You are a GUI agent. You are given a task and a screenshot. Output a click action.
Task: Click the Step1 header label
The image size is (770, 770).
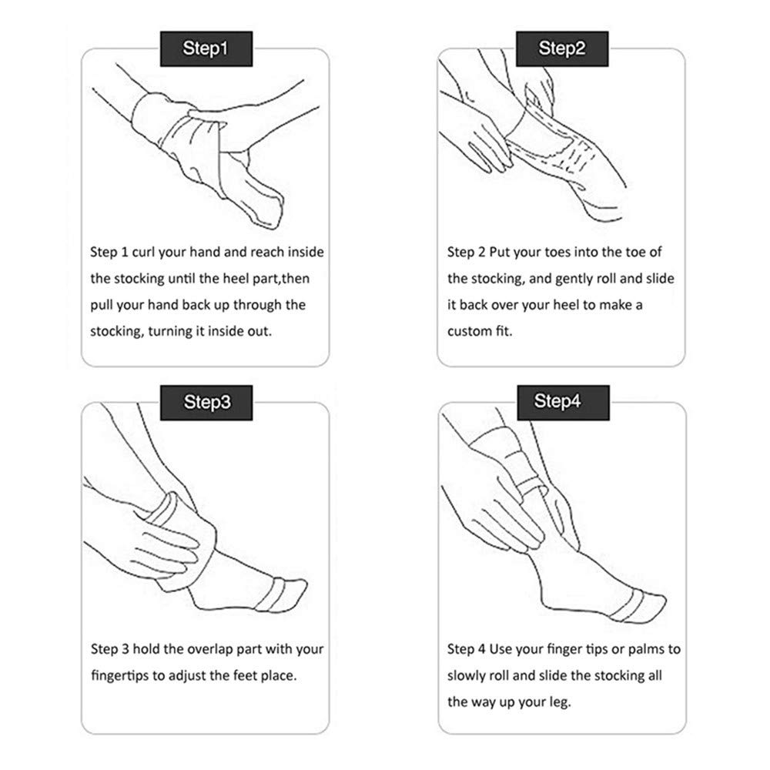point(205,49)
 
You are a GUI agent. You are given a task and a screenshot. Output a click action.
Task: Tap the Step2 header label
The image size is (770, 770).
point(561,49)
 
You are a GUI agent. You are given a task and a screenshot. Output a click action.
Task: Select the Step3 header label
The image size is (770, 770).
point(205,401)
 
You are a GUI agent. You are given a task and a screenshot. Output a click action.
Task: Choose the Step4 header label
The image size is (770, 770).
point(561,401)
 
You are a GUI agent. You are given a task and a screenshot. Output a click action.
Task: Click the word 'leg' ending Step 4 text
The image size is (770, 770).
point(559,701)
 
